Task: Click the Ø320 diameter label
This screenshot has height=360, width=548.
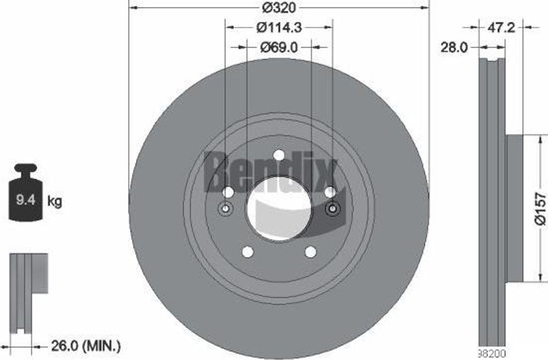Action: click(x=279, y=8)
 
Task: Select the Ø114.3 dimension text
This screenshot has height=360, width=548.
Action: click(x=279, y=26)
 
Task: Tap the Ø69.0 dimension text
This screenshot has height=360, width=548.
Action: click(x=279, y=47)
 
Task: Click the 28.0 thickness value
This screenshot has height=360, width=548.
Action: click(x=454, y=48)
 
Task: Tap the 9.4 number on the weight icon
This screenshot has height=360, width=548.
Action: click(x=26, y=201)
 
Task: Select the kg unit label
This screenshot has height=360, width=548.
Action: click(x=55, y=201)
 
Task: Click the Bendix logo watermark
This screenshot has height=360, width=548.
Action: click(x=271, y=171)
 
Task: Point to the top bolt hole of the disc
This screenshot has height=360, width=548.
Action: click(x=279, y=155)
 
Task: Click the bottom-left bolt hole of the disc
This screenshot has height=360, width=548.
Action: click(x=248, y=251)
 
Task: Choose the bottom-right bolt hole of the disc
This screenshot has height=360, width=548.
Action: click(x=310, y=251)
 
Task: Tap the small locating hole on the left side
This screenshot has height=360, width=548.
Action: click(x=225, y=209)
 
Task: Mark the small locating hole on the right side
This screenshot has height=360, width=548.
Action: click(x=332, y=209)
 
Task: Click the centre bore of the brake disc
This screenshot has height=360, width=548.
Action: click(x=279, y=209)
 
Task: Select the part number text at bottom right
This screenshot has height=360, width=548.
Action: click(x=491, y=354)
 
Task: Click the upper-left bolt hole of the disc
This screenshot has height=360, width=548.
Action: click(x=228, y=192)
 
